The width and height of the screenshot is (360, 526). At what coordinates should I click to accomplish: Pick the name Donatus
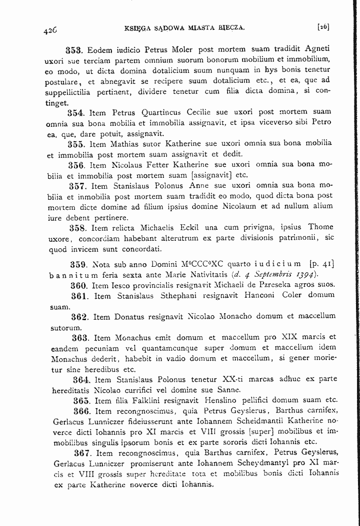click(129, 316)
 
